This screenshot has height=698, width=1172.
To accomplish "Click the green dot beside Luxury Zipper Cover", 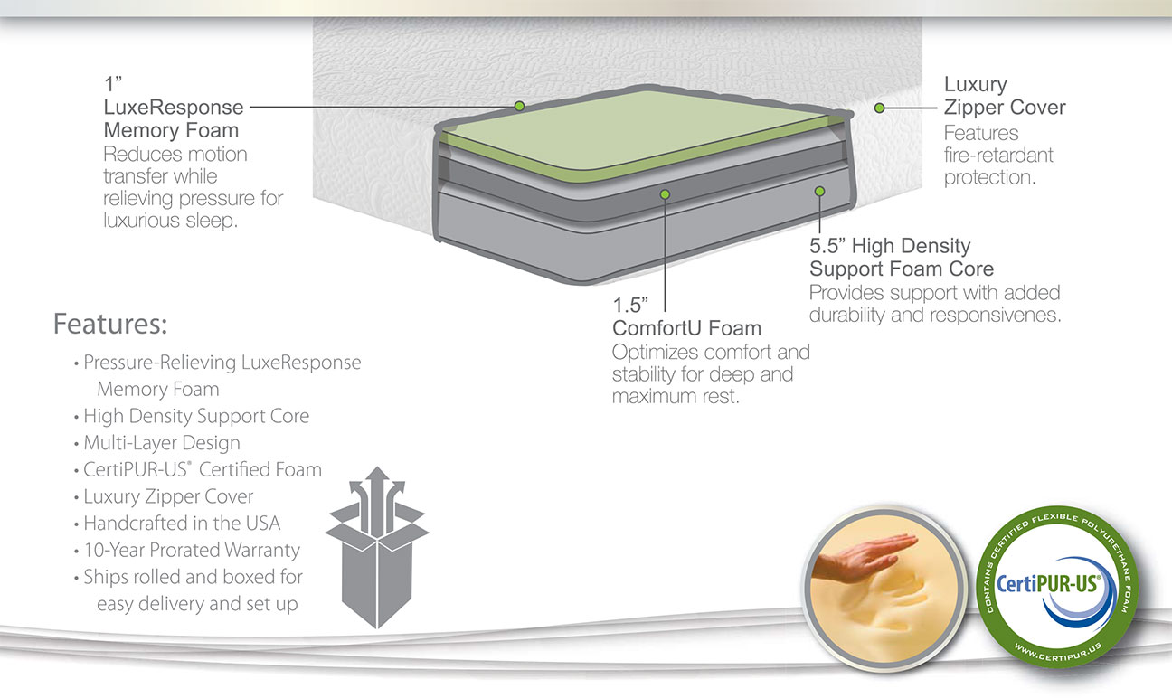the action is [880, 108].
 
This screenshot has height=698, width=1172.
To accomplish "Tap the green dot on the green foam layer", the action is [519, 106].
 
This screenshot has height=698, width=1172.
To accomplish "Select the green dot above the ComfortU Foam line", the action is [665, 194].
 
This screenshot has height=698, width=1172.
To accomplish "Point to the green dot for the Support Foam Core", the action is [820, 192].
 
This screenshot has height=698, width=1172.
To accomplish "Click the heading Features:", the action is [110, 324].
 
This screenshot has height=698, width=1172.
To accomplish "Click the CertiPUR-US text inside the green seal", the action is [1048, 583].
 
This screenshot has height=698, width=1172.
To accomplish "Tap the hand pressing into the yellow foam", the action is [864, 558].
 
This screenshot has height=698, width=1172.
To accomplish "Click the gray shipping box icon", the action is [377, 547].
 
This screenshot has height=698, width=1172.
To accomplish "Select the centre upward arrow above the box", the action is [377, 500].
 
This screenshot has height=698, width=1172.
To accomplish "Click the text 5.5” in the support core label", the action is [827, 245].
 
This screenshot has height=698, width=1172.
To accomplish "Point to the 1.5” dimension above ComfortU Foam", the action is [630, 305].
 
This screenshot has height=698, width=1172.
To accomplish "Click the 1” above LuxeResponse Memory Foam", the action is [112, 84].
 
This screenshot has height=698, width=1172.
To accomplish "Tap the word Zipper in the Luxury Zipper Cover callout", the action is [974, 108].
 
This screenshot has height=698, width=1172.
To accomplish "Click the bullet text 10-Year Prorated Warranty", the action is [192, 550].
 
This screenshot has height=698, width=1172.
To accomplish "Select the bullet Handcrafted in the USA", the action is [182, 523].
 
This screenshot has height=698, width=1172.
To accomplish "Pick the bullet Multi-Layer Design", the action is [162, 443].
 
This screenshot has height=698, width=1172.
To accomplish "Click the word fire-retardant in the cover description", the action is [998, 156].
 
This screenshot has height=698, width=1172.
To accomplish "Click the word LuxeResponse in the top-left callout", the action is [174, 108].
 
